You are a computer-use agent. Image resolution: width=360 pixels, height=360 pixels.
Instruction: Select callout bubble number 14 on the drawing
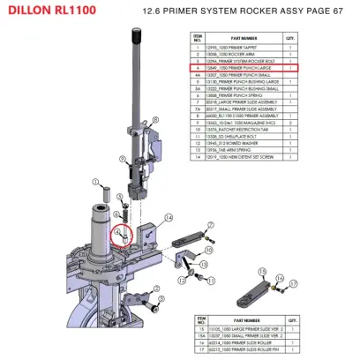click(168, 215)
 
